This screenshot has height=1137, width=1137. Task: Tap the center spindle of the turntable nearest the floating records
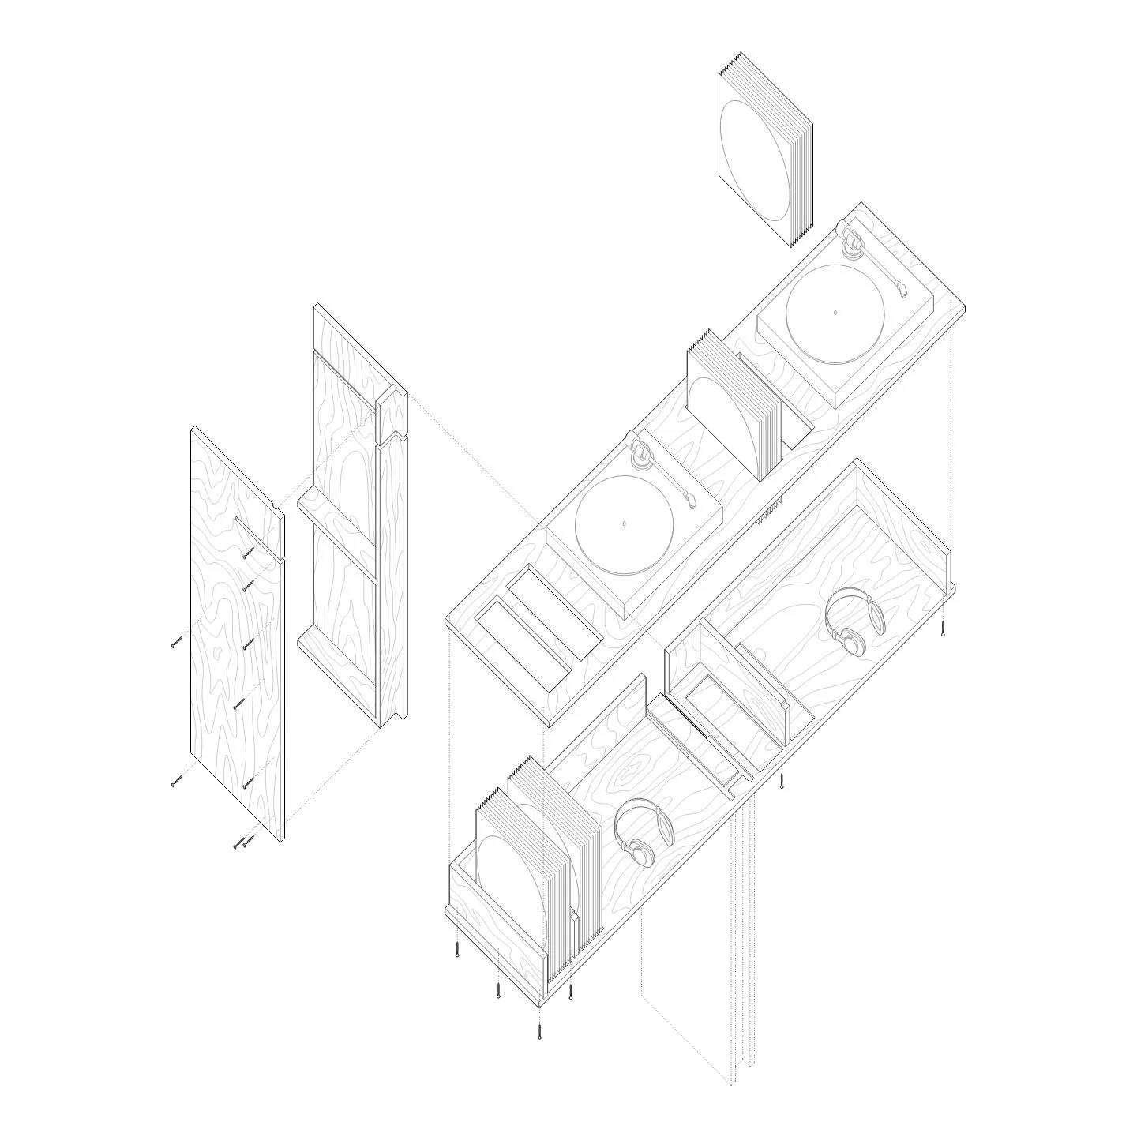835,313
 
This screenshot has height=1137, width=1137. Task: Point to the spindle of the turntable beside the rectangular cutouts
624,523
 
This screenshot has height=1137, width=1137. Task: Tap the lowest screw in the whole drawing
539,1031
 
